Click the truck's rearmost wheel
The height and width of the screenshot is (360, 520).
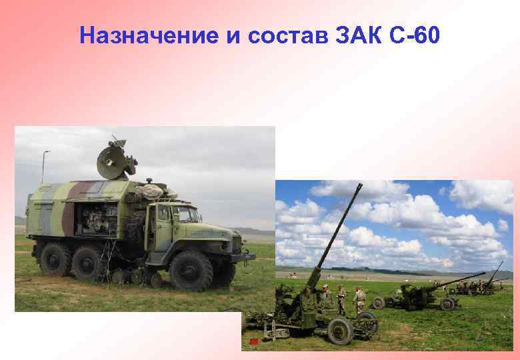pos(55,259)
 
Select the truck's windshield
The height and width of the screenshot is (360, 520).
pos(187,214)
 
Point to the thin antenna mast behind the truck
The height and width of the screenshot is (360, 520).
pos(44,170)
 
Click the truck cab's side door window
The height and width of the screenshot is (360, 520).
pos(163,215)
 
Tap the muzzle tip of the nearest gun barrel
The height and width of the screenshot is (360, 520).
pos(360,185)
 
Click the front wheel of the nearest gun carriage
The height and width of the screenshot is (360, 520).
pos(341,331)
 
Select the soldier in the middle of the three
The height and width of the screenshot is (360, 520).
pos(341,299)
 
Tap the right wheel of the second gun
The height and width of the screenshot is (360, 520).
pos(447,303)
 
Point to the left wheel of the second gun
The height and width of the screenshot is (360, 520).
pos(379,302)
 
